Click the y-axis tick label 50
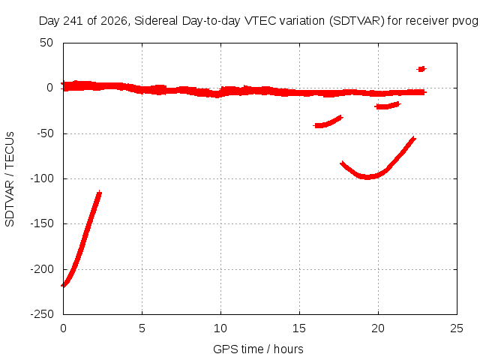pos(46,43)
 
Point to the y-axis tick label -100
pos(42,178)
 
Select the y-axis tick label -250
pos(42,314)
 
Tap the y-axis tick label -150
pos(42,223)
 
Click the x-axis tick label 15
pos(299,328)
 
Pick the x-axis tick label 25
pos(457,328)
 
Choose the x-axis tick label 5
pos(142,328)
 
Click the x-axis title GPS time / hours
pos(258,349)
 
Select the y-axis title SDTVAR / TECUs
pos(10,179)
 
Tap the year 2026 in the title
pos(114,21)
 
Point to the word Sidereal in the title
pos(156,21)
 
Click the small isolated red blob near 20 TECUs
pos(421,69)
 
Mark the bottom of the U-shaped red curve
pos(367,177)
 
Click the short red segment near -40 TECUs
pos(328,121)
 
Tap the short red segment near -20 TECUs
pos(387,106)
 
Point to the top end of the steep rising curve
pos(99,192)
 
